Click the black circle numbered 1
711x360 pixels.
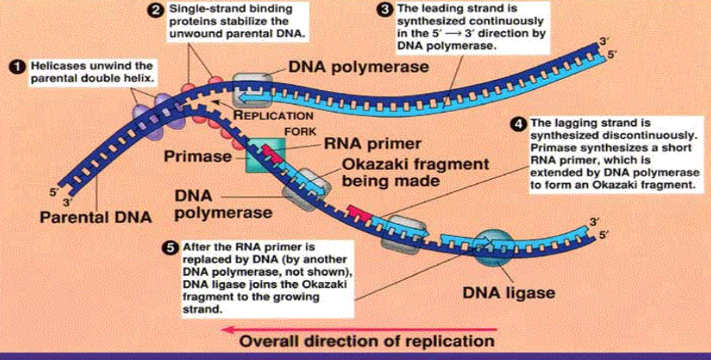tap(15, 66)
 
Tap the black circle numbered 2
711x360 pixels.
tap(153, 10)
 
